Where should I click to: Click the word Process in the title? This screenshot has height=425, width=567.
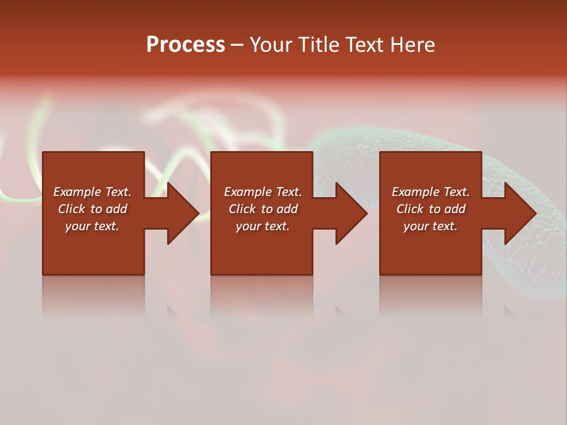[185, 45]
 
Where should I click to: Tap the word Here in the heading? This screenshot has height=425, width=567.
[413, 45]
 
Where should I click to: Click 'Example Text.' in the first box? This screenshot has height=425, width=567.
[92, 192]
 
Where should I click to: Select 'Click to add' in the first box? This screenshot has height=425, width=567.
[92, 209]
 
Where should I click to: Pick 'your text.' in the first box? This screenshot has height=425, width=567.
[92, 226]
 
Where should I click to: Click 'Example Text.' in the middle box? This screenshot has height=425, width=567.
[263, 192]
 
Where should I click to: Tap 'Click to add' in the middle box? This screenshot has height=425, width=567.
[263, 209]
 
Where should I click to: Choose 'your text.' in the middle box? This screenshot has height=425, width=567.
[263, 226]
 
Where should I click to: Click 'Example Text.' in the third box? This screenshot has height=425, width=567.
[431, 192]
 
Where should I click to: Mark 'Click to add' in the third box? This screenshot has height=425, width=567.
[431, 209]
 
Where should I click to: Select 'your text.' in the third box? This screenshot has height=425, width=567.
[431, 226]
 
